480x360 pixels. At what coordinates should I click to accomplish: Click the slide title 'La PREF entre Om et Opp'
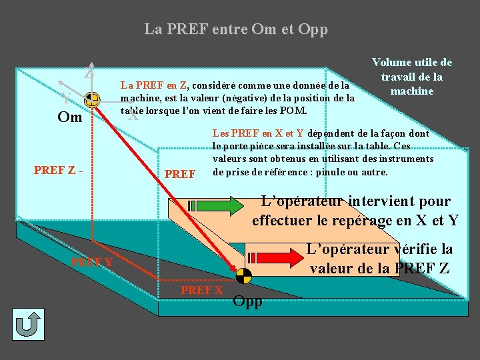pyautogui.click(x=236, y=30)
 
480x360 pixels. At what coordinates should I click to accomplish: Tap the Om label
pyautogui.click(x=70, y=118)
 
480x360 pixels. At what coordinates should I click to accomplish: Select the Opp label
pyautogui.click(x=248, y=301)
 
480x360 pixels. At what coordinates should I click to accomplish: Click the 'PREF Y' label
pyautogui.click(x=91, y=261)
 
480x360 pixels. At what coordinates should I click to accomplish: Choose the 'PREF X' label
pyautogui.click(x=201, y=290)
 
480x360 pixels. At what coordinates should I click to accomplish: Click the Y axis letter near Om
pyautogui.click(x=66, y=97)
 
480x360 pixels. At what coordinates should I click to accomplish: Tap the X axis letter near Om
pyautogui.click(x=133, y=116)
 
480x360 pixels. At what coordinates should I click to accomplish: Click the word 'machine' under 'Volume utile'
pyautogui.click(x=412, y=91)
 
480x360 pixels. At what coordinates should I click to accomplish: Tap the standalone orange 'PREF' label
pyautogui.click(x=180, y=175)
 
